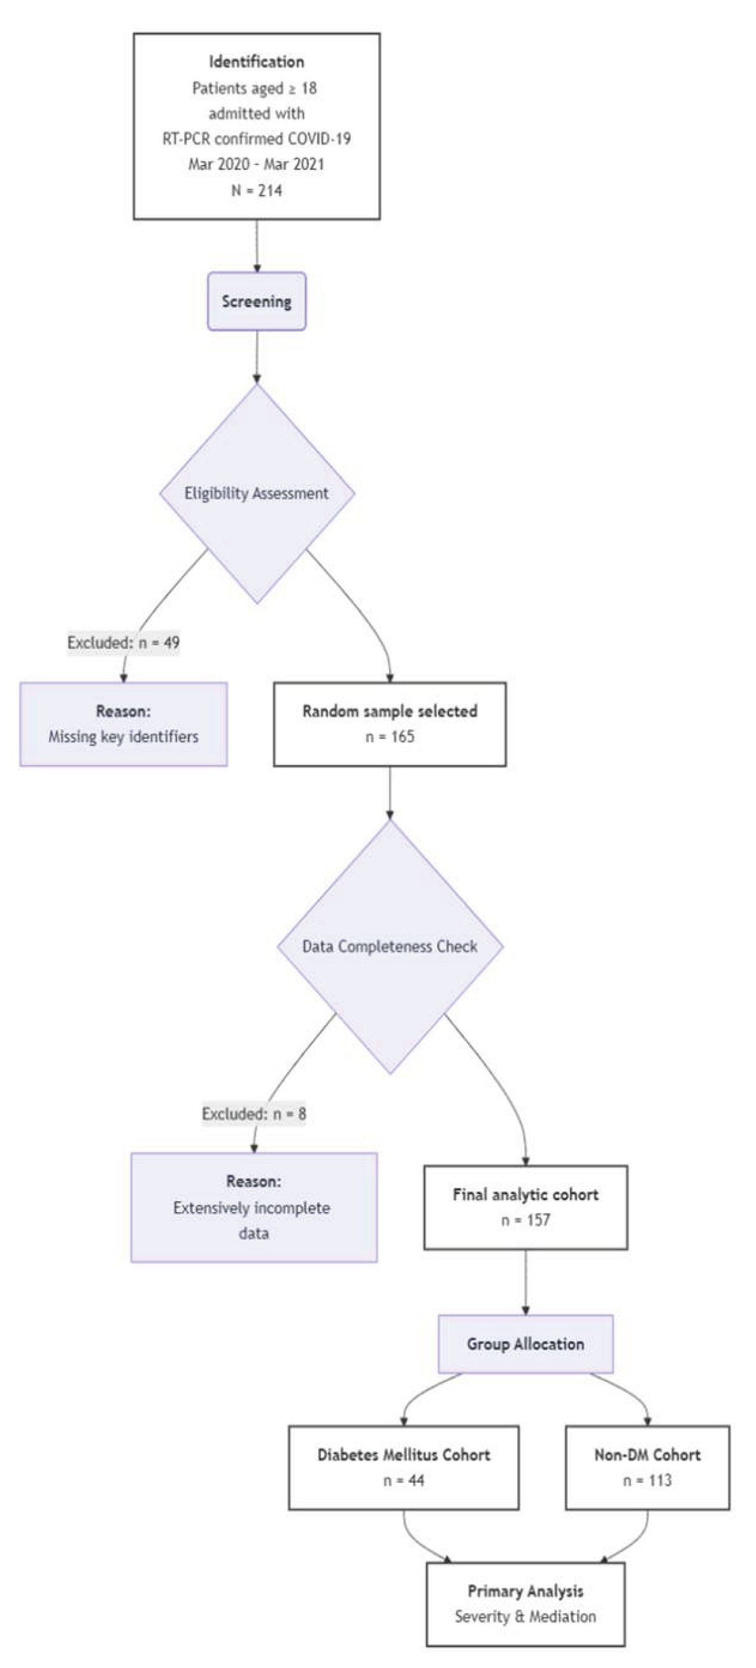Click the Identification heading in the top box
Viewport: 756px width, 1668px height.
(x=256, y=62)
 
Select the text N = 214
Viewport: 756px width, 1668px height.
(x=256, y=190)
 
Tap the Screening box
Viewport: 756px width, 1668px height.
(x=256, y=301)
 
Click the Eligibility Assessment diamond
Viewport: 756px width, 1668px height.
(x=256, y=494)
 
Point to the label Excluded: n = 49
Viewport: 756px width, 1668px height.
(x=124, y=643)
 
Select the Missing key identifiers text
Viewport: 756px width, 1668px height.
(x=123, y=736)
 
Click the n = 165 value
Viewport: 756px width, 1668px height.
(x=390, y=736)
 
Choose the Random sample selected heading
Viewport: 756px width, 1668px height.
(x=390, y=711)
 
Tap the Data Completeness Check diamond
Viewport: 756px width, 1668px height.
(x=390, y=946)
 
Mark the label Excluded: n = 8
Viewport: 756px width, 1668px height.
(x=253, y=1114)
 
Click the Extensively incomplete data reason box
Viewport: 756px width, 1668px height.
(x=253, y=1208)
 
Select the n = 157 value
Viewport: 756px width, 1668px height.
(x=525, y=1220)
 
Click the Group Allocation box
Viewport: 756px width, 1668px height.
(x=525, y=1344)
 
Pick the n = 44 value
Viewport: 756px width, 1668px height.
(x=403, y=1480)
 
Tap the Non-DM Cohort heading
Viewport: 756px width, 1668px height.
(x=647, y=1455)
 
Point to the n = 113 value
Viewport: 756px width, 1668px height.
(x=647, y=1480)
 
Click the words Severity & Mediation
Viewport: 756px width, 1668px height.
(x=525, y=1616)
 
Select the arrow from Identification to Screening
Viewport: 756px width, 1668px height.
(x=257, y=246)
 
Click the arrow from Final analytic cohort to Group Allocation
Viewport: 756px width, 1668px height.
(x=525, y=1282)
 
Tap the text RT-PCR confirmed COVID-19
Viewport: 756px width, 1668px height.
(x=256, y=139)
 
